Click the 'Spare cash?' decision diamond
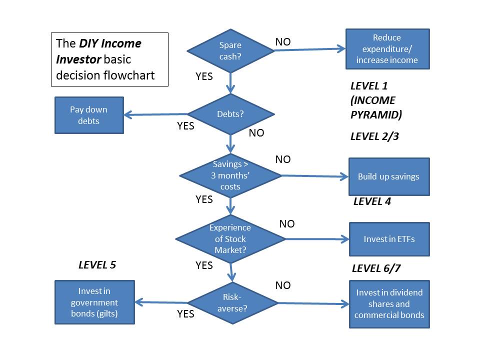click(230, 51)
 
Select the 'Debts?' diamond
click(231, 114)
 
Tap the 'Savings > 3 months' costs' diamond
click(230, 175)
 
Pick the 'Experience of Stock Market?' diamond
click(230, 239)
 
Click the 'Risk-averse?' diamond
click(232, 303)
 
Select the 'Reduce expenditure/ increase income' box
click(387, 49)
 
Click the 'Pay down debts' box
click(89, 115)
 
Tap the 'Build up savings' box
click(389, 176)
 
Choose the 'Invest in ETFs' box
click(389, 239)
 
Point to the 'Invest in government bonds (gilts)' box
click(94, 302)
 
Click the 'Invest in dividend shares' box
click(389, 304)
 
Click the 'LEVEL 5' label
click(97, 265)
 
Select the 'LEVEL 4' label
click(372, 201)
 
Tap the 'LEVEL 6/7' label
click(376, 268)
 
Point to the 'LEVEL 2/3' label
click(374, 136)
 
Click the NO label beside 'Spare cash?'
click(283, 42)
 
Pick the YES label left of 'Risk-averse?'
click(185, 314)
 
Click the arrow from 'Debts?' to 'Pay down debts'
click(155, 114)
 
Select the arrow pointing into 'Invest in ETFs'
click(317, 239)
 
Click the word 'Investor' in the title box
click(78, 59)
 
